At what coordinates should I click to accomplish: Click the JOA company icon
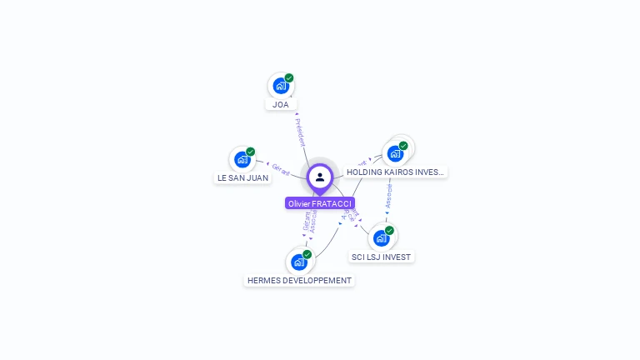tap(281, 85)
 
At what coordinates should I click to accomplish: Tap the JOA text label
tap(281, 105)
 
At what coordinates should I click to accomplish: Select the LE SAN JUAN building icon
tap(242, 158)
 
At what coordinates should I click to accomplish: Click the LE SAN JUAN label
tap(243, 178)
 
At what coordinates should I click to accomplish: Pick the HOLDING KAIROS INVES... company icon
tap(395, 153)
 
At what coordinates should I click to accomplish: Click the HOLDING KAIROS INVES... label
tap(396, 172)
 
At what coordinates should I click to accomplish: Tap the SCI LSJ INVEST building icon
tap(381, 238)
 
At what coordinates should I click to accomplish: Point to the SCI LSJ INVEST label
tap(381, 257)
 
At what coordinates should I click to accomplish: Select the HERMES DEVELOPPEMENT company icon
tap(299, 262)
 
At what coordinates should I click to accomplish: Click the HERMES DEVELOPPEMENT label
tap(299, 281)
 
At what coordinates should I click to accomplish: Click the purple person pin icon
tap(320, 177)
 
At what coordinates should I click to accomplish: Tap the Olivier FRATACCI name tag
tap(320, 203)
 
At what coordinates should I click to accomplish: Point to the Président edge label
tap(300, 132)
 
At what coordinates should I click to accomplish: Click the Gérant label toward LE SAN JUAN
tap(281, 169)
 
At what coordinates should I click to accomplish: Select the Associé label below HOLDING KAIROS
tap(388, 196)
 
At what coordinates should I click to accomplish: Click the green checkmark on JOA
tap(289, 77)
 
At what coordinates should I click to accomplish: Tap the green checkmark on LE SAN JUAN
tap(251, 152)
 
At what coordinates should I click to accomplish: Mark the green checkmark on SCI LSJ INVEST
tap(389, 231)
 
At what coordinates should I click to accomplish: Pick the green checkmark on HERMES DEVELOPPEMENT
tap(307, 254)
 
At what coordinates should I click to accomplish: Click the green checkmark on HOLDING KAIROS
tap(403, 146)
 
